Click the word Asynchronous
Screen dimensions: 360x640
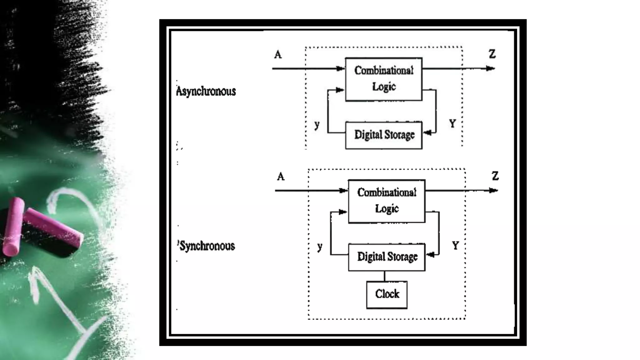(x=206, y=91)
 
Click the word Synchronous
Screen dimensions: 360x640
(x=207, y=246)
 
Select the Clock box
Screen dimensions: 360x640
(x=387, y=294)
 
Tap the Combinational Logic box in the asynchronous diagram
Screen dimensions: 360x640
(x=384, y=79)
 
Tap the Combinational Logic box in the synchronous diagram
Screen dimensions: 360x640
(x=387, y=201)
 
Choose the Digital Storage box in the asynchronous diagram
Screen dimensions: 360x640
(x=384, y=135)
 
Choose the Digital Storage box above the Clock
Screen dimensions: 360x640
(x=387, y=257)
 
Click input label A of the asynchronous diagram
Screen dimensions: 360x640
(x=278, y=55)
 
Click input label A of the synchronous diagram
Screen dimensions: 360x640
(x=281, y=177)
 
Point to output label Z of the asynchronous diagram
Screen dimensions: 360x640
(x=492, y=54)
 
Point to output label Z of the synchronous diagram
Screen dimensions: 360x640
(x=495, y=176)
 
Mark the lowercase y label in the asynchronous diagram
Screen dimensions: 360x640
(x=317, y=125)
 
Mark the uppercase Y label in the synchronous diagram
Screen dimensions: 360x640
(x=455, y=246)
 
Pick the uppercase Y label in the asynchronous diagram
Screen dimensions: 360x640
(x=452, y=124)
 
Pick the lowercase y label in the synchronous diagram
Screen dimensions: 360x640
(x=319, y=247)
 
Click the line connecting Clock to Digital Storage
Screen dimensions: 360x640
(x=384, y=276)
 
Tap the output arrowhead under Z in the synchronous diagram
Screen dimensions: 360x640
(x=493, y=190)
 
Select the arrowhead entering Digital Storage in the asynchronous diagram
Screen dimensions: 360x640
(x=427, y=133)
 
